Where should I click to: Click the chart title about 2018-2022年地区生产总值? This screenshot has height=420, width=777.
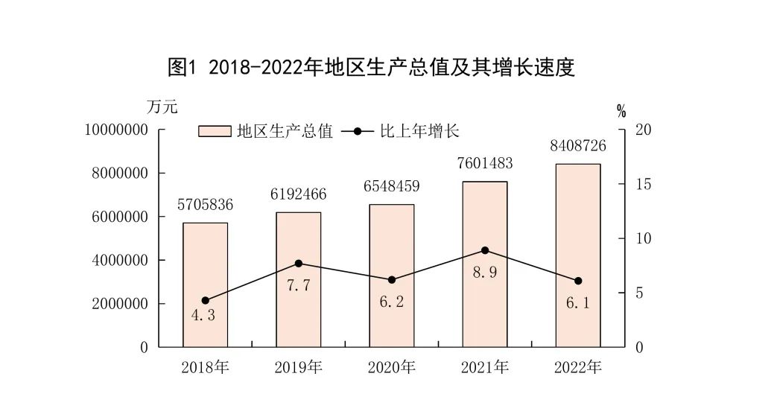(x=372, y=68)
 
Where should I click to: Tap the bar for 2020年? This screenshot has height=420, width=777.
(x=391, y=276)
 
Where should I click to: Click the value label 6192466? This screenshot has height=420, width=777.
(x=298, y=195)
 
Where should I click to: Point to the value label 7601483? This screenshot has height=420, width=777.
(x=484, y=164)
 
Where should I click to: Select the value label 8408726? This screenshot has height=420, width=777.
(x=577, y=146)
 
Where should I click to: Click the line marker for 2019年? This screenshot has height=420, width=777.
(x=298, y=263)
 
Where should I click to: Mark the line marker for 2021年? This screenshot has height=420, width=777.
(x=484, y=250)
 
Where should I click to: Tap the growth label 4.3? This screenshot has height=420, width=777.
(x=203, y=315)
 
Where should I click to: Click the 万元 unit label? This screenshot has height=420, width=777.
(x=162, y=107)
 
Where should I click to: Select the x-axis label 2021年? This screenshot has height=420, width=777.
(x=484, y=367)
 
